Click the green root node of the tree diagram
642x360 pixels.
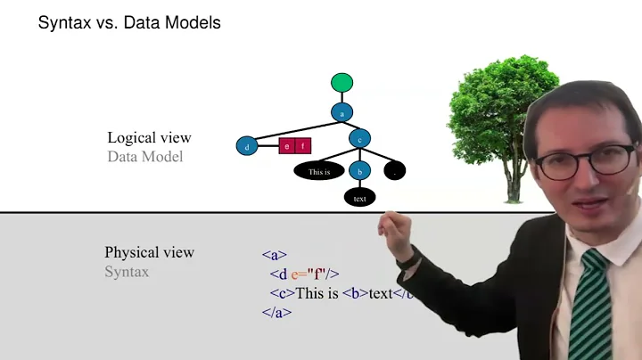point(342,83)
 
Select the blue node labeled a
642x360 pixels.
point(342,112)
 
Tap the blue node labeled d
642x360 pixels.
point(246,146)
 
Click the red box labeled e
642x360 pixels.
point(287,146)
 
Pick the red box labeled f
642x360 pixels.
point(302,146)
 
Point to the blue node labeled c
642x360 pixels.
point(359,139)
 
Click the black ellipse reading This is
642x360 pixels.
point(319,171)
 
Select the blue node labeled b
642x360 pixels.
point(359,170)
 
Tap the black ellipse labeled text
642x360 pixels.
point(359,198)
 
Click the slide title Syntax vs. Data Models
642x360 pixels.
point(128,23)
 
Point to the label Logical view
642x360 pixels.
point(149,138)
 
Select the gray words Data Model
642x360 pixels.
point(144,157)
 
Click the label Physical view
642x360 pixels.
point(149,252)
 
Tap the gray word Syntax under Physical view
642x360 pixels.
point(127,272)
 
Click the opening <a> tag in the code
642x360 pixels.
point(274,255)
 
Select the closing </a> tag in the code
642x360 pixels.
point(276,313)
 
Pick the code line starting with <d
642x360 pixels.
point(305,274)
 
